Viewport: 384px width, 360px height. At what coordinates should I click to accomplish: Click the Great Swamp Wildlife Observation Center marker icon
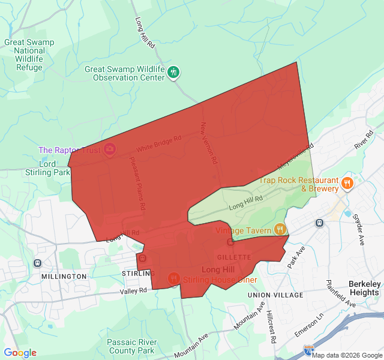coord(173,73)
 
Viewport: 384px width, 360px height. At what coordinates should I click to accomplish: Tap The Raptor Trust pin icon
coord(110,149)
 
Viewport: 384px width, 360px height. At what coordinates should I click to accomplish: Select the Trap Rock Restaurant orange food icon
coord(347,184)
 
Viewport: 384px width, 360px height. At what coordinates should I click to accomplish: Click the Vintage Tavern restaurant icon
coord(279,229)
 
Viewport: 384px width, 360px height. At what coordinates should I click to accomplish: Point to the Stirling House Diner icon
coord(174,278)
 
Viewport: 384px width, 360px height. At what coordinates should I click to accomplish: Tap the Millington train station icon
coord(38,263)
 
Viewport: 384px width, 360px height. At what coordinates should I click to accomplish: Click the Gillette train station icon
coord(230,242)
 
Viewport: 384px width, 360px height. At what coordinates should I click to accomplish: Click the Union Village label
coord(275,295)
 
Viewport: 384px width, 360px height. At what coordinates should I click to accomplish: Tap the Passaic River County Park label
coord(124,346)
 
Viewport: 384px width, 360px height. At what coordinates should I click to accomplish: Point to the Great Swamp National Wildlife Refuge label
coord(29,55)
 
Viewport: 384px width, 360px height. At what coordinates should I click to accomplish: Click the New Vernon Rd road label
coord(208,143)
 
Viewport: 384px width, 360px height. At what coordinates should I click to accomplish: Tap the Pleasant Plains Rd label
coord(137,182)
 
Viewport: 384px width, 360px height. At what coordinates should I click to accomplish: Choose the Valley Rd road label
coord(133,291)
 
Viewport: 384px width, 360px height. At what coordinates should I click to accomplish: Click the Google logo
coord(20,353)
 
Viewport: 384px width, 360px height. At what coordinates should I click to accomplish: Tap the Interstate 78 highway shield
coord(308,349)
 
